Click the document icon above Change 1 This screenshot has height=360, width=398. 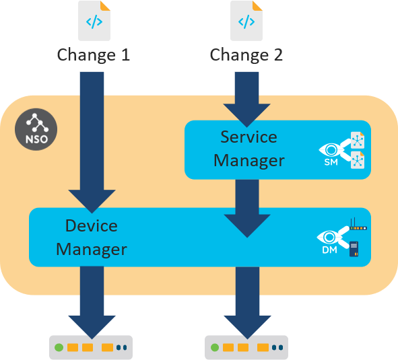94,21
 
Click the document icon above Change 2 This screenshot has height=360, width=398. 246,21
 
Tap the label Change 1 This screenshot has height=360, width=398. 94,55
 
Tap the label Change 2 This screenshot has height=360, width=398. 246,55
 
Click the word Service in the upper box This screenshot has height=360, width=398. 248,137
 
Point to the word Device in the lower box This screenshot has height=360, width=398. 91,225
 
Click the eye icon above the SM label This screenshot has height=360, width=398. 331,149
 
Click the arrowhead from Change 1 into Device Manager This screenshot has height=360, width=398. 94,199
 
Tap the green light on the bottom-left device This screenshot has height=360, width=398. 59,348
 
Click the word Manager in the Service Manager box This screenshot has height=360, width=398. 248,161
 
